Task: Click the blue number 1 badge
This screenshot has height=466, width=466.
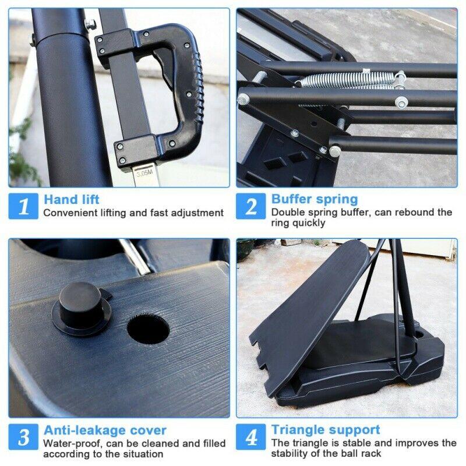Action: (23, 206)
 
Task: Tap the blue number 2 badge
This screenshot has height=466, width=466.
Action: (250, 206)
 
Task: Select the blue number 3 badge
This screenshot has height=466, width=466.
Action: (23, 436)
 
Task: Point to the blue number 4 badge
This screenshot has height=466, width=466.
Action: (250, 436)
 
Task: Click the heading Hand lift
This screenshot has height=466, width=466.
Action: (72, 199)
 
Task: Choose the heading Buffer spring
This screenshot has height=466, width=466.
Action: (315, 199)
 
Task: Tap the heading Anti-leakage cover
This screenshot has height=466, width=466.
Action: (105, 430)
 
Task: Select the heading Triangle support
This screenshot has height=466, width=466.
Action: (326, 430)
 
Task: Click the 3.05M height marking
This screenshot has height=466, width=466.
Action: (144, 173)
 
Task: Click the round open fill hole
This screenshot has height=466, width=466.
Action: (148, 329)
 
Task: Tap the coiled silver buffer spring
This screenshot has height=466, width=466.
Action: (348, 80)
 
